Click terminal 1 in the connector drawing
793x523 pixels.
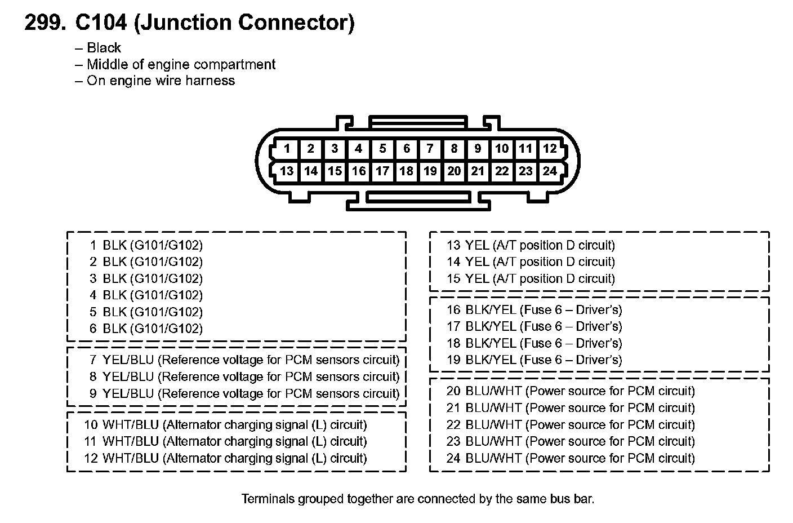click(x=287, y=149)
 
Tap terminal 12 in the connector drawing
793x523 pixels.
click(x=550, y=149)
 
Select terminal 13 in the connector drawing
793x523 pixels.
click(x=287, y=171)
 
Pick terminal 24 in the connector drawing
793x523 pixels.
click(x=550, y=171)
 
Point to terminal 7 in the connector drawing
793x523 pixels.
click(x=430, y=149)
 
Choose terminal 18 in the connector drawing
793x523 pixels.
click(x=406, y=171)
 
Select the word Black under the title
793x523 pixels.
click(x=104, y=48)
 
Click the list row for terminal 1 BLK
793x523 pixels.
click(x=146, y=245)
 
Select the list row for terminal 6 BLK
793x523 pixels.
click(x=146, y=329)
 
